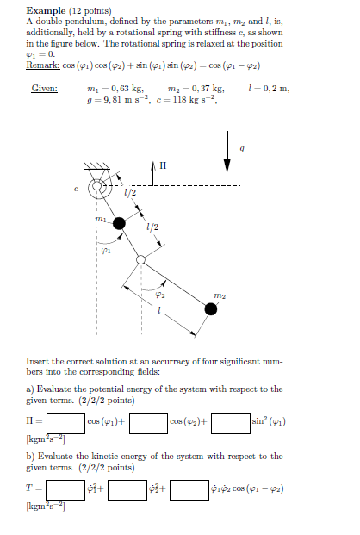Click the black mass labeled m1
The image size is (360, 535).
119,224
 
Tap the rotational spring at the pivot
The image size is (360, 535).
98,186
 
